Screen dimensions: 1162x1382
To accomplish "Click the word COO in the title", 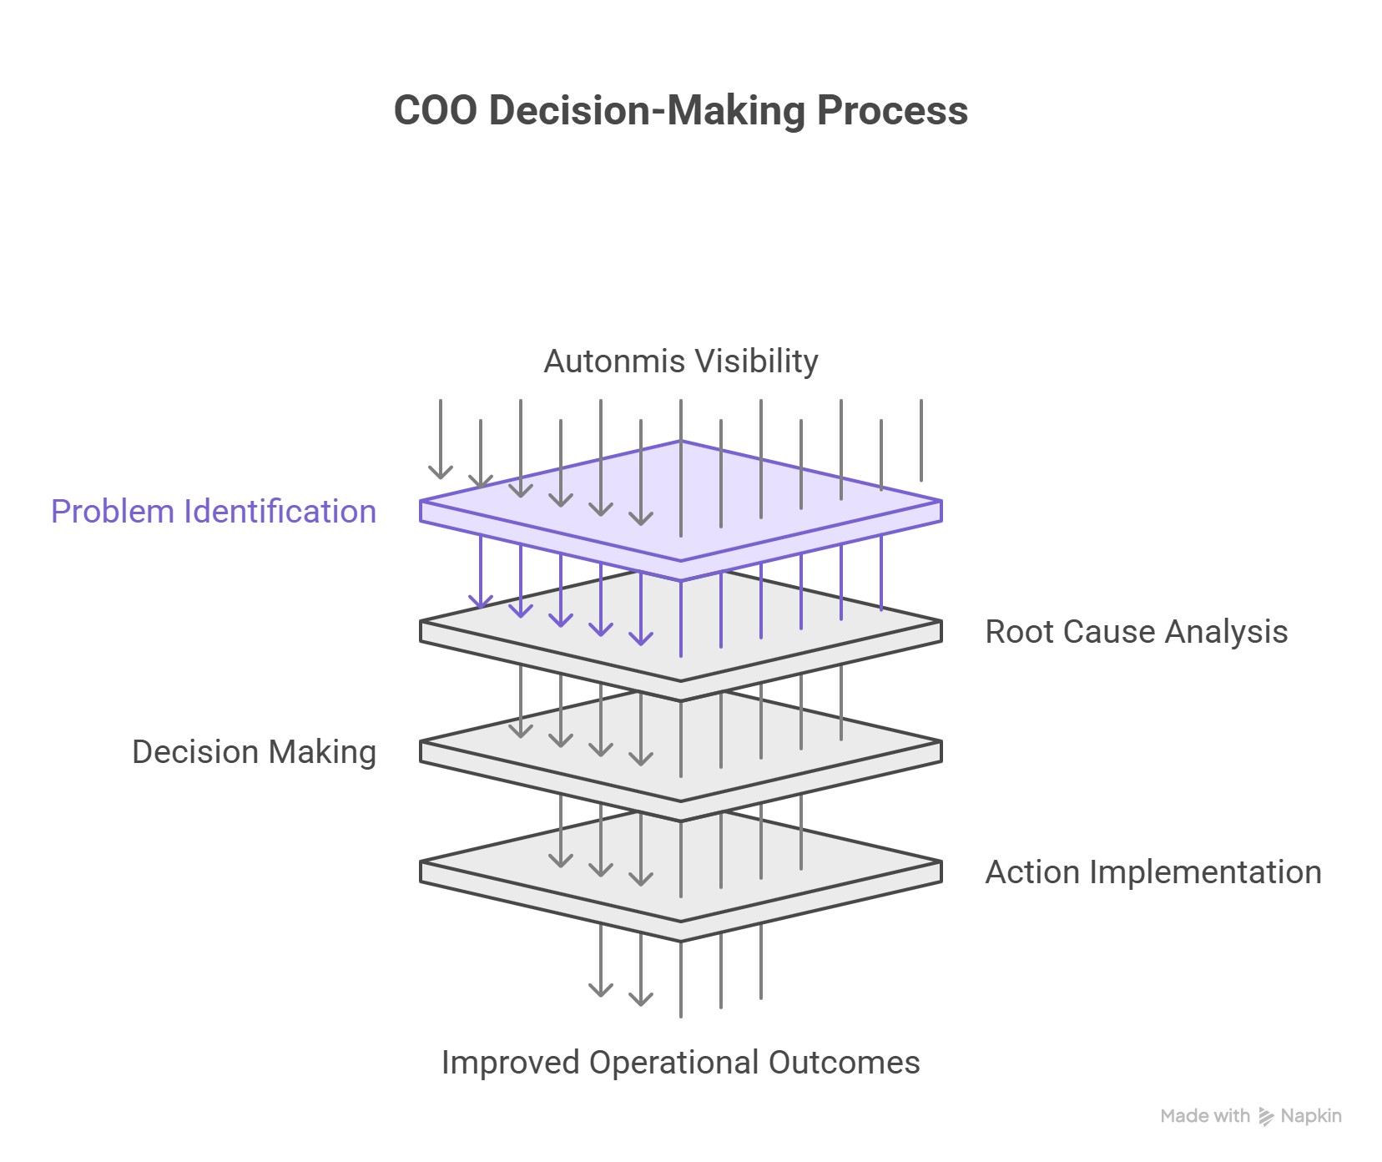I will (435, 111).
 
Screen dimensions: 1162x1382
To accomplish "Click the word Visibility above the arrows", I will (757, 361).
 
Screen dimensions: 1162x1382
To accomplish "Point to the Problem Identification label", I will (214, 512).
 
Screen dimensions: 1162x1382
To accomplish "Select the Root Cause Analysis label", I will (1136, 632).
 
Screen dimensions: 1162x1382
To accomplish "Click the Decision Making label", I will (255, 752).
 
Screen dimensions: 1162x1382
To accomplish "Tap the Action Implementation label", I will (1153, 872).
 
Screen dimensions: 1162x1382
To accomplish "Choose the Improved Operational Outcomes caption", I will (680, 1063).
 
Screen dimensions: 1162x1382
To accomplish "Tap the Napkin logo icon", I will (1266, 1117).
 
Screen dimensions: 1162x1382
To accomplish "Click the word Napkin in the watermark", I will (1311, 1116).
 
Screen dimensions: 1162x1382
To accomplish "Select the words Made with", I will (1205, 1116).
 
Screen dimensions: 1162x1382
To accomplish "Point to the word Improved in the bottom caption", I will (509, 1063).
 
